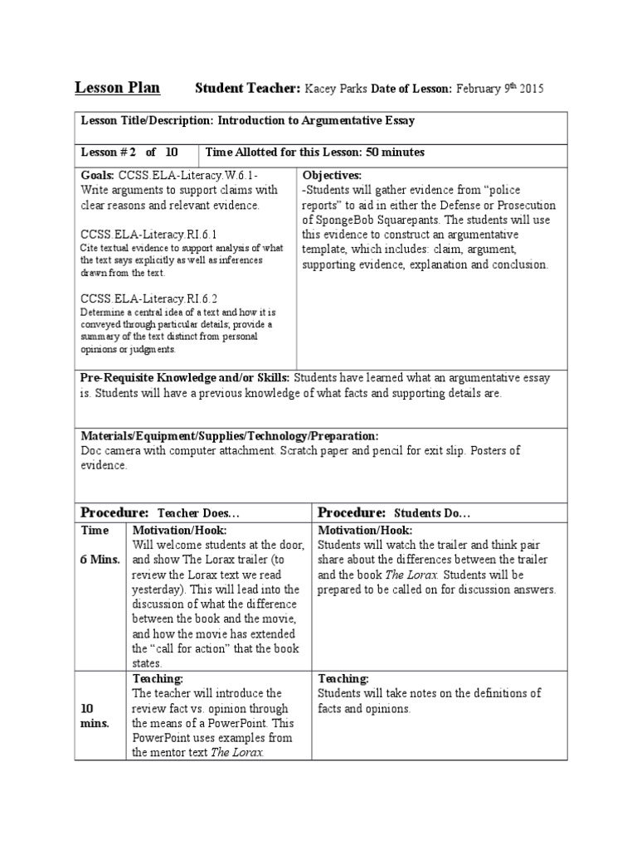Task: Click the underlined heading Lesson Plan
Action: (118, 88)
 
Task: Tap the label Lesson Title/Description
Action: (146, 121)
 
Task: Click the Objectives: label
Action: (332, 176)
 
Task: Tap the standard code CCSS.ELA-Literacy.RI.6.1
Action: (148, 235)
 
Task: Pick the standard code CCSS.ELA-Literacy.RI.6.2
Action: (148, 298)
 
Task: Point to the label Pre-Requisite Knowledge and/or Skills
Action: (185, 378)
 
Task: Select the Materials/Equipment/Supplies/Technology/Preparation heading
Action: (230, 436)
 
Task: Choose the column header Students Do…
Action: (431, 514)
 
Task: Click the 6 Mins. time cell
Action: (100, 560)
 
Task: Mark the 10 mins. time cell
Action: (95, 716)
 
